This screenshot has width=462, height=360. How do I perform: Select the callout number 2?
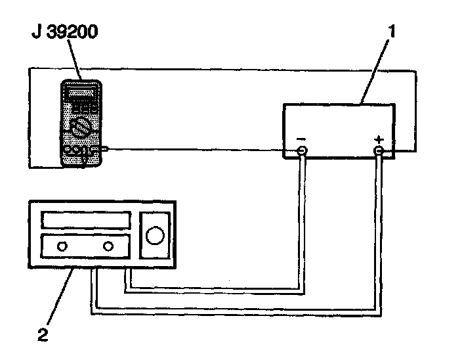[43, 335]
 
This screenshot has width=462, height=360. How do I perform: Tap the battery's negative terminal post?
[302, 152]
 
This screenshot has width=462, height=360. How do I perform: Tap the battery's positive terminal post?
[379, 152]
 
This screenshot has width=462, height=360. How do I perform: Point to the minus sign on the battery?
[301, 139]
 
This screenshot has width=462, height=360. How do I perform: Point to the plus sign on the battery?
[378, 139]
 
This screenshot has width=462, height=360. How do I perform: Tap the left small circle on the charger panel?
[62, 247]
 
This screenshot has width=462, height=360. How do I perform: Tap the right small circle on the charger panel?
[109, 247]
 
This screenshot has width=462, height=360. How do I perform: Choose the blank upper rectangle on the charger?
[85, 219]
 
